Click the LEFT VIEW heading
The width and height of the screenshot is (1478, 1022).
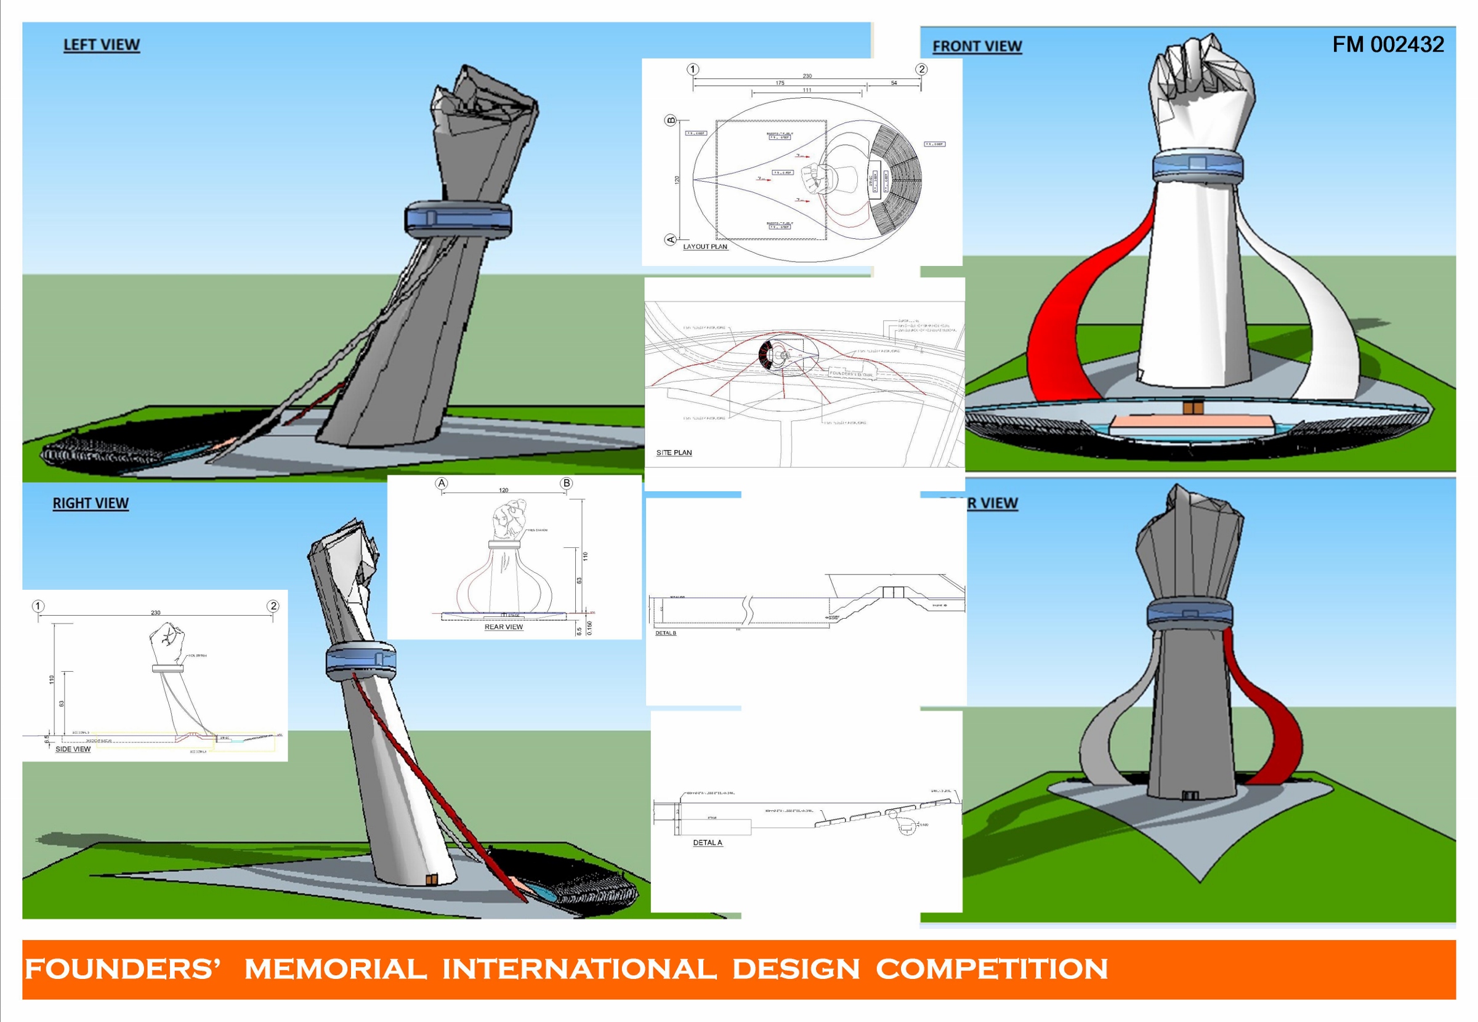point(101,45)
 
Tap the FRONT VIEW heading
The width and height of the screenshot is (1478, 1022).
point(977,47)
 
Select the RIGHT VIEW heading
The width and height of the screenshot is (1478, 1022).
point(91,504)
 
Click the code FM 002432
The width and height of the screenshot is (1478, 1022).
point(1387,44)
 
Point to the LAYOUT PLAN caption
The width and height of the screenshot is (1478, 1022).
point(705,246)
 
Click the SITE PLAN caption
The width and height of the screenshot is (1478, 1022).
point(674,453)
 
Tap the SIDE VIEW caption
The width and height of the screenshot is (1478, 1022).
point(73,749)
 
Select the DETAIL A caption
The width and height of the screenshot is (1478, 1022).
point(707,843)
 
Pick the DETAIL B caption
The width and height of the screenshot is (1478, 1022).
point(665,634)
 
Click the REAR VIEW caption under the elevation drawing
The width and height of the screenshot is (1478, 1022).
point(503,627)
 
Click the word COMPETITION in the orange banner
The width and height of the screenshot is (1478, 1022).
point(991,969)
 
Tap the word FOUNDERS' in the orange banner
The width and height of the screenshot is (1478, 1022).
point(123,969)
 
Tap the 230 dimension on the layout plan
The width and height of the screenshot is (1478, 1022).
point(807,76)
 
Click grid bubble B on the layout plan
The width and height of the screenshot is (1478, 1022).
point(671,119)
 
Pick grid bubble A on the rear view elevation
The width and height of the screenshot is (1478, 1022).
point(441,483)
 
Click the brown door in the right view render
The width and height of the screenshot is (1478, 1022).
point(432,880)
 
